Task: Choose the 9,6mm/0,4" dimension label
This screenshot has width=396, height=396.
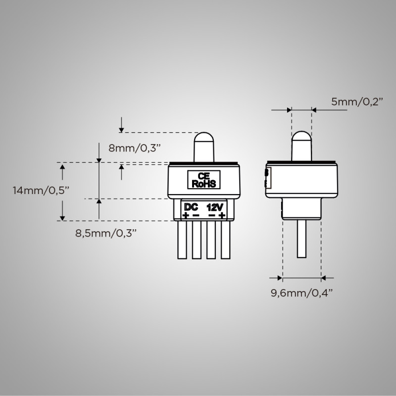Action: (301, 293)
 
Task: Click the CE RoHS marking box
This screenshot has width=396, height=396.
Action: (203, 180)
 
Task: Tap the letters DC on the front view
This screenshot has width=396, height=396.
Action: (191, 206)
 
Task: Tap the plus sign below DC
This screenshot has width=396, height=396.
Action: (185, 215)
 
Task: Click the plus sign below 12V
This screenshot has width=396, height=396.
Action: (222, 215)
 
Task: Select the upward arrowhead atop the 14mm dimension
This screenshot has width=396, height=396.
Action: (63, 168)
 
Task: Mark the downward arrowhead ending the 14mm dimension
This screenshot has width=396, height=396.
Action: (63, 217)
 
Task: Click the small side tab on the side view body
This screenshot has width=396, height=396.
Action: (267, 177)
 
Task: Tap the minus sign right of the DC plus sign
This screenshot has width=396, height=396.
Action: (196, 215)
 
